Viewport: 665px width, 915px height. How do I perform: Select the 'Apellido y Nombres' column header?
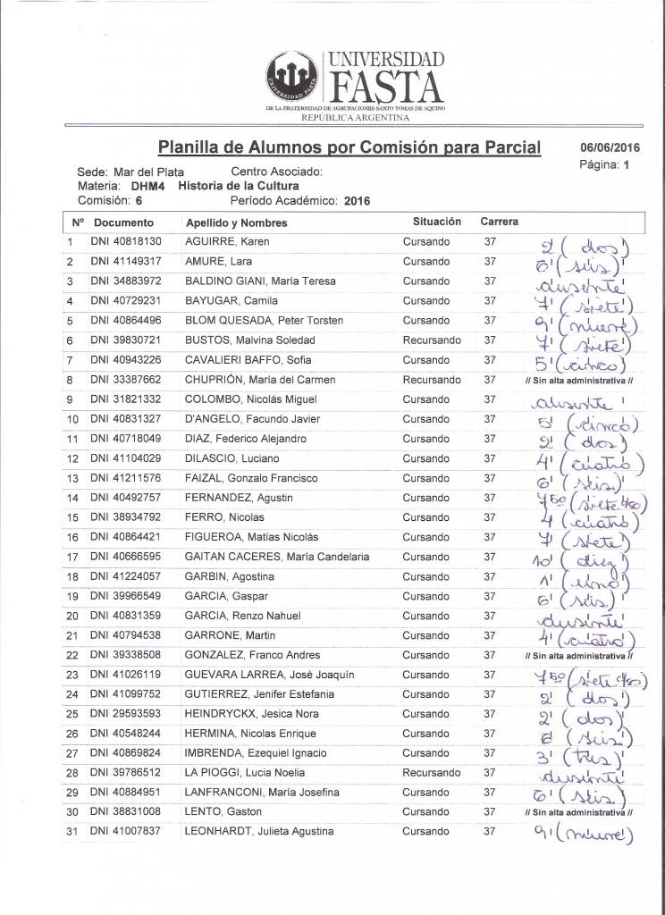(236, 222)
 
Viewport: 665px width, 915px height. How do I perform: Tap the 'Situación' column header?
(436, 221)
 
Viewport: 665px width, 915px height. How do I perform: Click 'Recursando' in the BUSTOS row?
(432, 340)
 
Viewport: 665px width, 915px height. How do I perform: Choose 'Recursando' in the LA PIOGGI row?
(432, 773)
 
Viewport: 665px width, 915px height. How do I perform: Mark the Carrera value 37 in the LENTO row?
(489, 812)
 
